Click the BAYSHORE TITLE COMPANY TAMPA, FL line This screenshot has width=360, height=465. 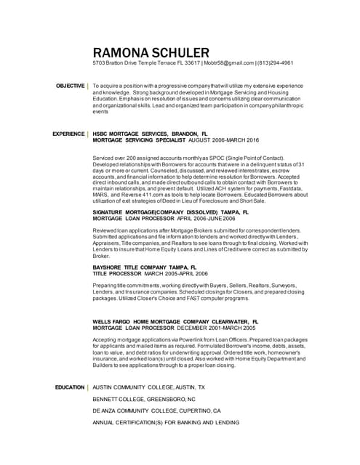click(x=150, y=267)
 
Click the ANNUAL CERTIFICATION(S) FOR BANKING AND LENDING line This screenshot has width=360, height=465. click(x=165, y=422)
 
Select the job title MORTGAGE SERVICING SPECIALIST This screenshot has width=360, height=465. click(x=139, y=140)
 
